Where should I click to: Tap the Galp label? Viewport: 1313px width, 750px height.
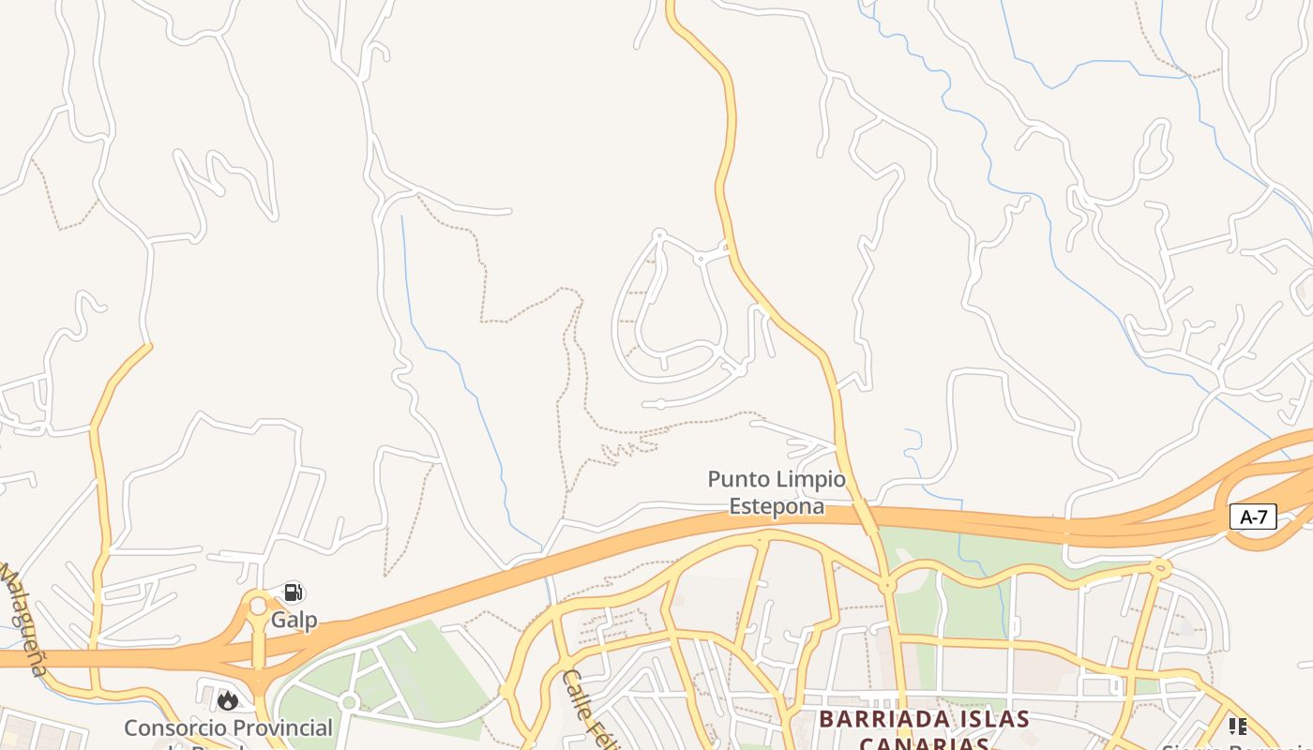click(x=294, y=620)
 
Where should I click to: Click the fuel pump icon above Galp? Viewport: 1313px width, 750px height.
click(x=294, y=592)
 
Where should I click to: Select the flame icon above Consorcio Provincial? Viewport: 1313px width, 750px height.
click(x=227, y=700)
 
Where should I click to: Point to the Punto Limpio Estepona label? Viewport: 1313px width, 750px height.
click(x=777, y=493)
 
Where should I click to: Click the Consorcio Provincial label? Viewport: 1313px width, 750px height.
click(x=228, y=727)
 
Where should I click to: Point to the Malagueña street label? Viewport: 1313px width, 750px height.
click(x=23, y=618)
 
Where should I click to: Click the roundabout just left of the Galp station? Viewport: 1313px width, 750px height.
click(x=258, y=606)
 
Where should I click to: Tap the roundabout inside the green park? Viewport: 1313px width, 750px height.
click(x=349, y=702)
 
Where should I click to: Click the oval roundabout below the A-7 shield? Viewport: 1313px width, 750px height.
click(x=1161, y=567)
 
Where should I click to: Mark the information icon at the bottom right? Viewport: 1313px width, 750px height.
click(x=1238, y=726)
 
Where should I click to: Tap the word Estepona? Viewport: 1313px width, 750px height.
click(x=777, y=506)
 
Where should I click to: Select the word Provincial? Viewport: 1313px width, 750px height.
click(x=282, y=727)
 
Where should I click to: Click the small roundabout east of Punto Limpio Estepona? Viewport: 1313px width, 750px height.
click(x=886, y=586)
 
